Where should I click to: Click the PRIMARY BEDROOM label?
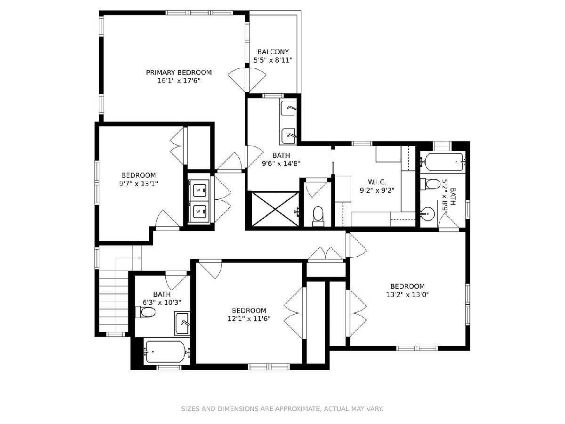coord(179,73)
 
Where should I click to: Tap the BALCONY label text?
coord(273,52)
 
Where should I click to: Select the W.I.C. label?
coord(377,182)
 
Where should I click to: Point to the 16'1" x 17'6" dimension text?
coord(179,81)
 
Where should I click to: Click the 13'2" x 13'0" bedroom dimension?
coord(407,294)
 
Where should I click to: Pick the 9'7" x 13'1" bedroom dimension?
coord(138,184)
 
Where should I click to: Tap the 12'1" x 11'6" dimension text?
coord(249,319)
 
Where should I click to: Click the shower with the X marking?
coord(275,209)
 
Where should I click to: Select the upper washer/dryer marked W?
coord(198,190)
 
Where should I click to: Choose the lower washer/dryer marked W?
coord(198,212)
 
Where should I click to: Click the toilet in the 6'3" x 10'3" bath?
coord(145,312)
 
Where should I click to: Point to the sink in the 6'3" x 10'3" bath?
coord(182,323)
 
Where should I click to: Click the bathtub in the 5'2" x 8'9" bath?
coord(443,162)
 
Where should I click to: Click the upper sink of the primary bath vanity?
coord(288,108)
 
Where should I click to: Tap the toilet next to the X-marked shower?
coord(318,216)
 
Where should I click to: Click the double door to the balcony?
coord(247,80)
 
